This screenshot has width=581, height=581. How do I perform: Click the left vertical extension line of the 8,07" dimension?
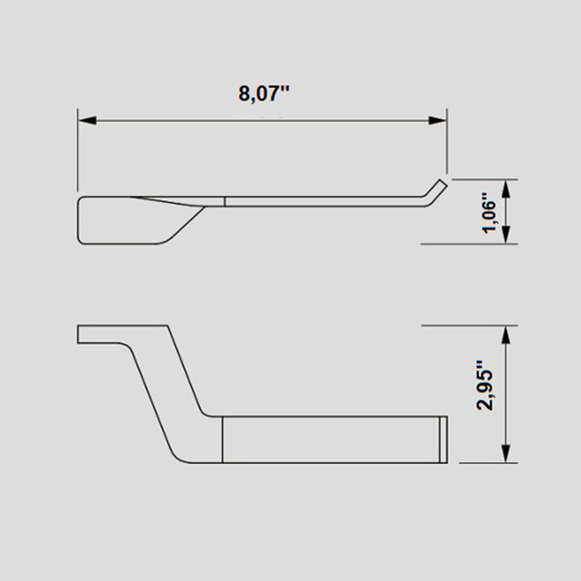coord(78,153)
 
